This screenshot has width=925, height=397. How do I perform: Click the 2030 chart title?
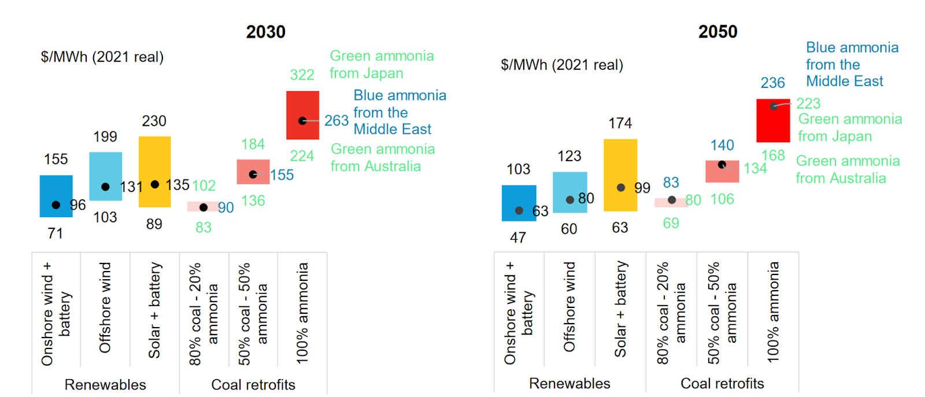265,32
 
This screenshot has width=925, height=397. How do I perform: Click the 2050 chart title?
717,32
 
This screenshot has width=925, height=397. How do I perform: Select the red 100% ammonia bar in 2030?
302,115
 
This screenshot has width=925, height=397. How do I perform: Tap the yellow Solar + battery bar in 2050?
620,175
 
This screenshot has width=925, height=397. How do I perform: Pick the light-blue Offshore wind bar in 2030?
105,176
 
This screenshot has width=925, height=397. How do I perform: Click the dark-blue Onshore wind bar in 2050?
519,203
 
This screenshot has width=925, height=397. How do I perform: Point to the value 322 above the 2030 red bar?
302,75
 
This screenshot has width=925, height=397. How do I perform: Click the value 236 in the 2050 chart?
772,83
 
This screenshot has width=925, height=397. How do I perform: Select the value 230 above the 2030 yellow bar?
154,121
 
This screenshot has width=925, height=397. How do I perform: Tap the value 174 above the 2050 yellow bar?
620,123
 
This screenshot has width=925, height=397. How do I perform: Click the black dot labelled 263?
302,121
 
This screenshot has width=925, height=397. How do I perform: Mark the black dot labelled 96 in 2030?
56,205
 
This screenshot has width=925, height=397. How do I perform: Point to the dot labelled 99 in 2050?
620,188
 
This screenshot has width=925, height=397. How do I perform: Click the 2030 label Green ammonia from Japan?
382,64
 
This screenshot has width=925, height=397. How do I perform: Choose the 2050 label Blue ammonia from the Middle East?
852,64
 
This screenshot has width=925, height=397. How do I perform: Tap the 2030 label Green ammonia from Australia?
382,158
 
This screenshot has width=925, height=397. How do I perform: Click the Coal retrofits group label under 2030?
253,384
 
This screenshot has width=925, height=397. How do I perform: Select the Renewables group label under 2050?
569,383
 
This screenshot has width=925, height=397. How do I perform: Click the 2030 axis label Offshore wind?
105,307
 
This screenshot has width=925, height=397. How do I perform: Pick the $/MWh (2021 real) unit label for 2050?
562,65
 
